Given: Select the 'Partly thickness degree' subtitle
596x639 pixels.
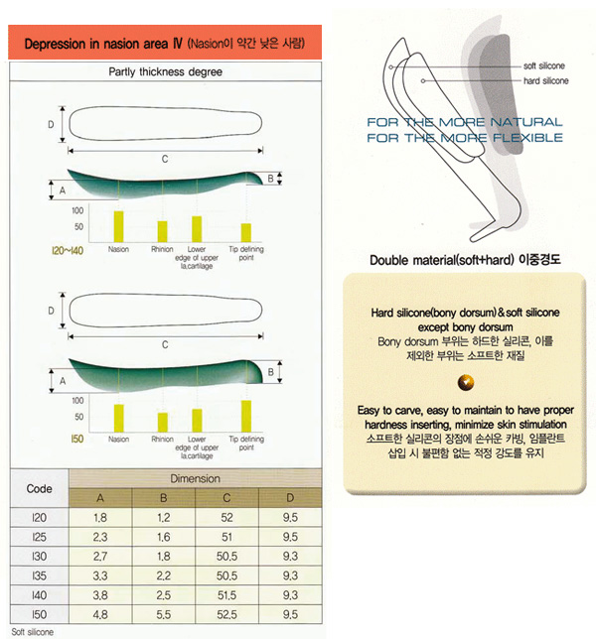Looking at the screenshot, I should click(165, 72).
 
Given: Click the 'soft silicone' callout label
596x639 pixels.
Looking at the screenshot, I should click(543, 65).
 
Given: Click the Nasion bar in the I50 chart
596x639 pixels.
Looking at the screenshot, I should click(119, 418).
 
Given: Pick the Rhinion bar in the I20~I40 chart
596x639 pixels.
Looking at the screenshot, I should click(162, 231).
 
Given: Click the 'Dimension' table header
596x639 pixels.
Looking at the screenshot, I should click(195, 478).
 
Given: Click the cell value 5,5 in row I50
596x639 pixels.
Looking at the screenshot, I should click(163, 615).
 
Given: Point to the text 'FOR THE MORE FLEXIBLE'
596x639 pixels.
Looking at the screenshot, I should click(464, 136).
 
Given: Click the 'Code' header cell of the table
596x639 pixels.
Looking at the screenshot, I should click(40, 488).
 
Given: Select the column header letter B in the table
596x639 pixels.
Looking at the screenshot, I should click(163, 498).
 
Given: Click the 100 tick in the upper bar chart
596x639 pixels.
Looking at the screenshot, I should click(77, 211).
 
